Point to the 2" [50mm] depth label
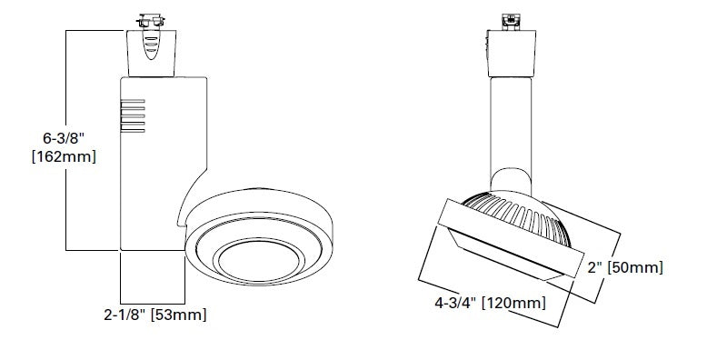tap(625, 267)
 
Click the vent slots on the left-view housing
tap(133, 116)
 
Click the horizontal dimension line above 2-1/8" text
tap(153, 302)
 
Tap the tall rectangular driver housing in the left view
tap(159, 155)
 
